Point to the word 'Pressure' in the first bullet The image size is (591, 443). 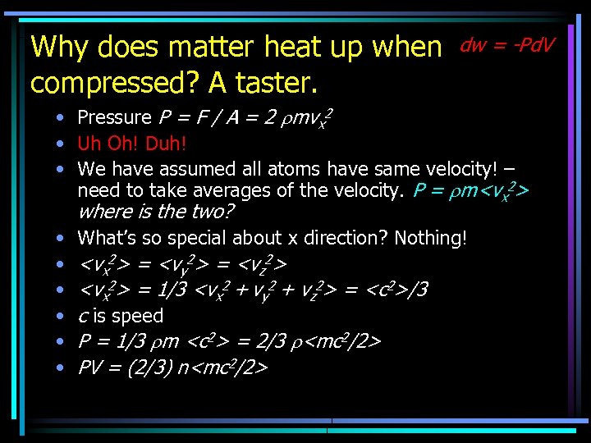point(114,118)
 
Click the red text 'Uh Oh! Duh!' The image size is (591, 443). point(132,144)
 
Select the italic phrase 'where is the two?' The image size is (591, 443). point(156,212)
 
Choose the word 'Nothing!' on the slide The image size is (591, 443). point(431,238)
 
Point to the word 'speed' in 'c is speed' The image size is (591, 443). point(139,316)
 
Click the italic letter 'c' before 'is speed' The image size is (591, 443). point(82,316)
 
